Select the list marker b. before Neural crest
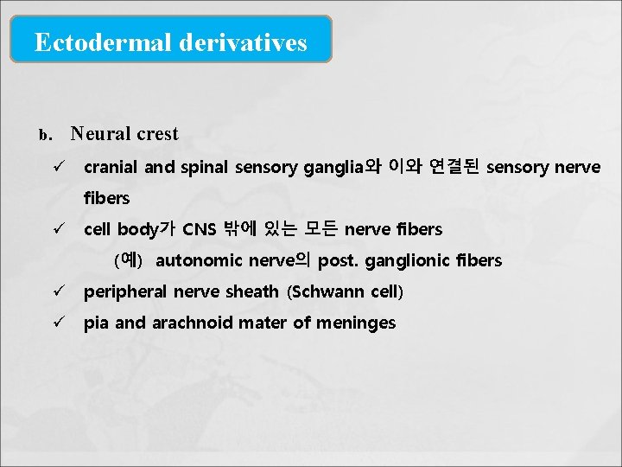[46, 135]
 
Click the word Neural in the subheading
[99, 134]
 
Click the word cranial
[111, 167]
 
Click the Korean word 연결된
[454, 166]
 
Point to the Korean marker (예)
[128, 259]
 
